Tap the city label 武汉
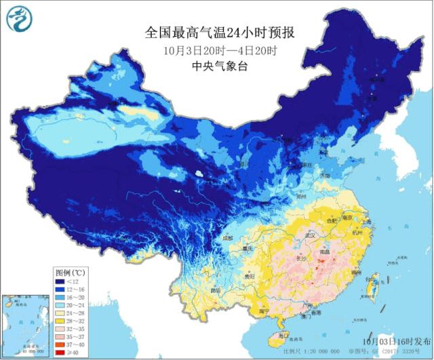(x=315, y=234)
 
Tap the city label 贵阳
(x=249, y=277)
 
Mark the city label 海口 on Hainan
(x=284, y=336)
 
